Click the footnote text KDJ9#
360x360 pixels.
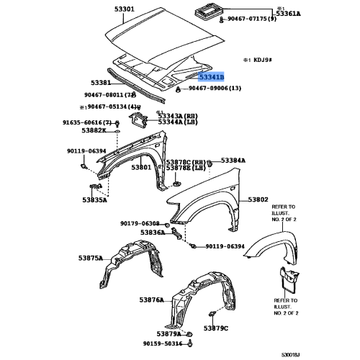coord(257,63)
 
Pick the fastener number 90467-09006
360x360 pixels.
coord(215,88)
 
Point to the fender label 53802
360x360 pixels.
coord(258,199)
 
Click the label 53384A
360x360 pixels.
coord(233,161)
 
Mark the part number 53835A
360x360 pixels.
coord(94,201)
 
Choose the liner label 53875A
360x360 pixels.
coord(90,257)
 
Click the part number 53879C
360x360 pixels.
coord(215,328)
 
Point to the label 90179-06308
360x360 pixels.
coord(140,224)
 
